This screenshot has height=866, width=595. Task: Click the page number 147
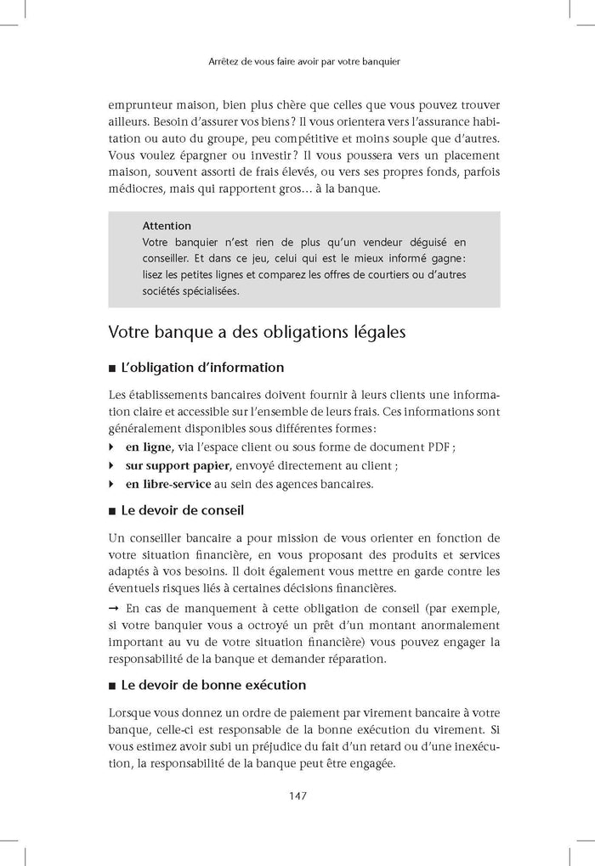click(x=297, y=796)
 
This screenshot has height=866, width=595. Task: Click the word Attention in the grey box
click(x=167, y=226)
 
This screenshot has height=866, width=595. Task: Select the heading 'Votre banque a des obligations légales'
click(x=257, y=332)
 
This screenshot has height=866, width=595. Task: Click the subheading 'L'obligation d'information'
click(x=202, y=368)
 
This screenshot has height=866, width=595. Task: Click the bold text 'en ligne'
click(x=149, y=447)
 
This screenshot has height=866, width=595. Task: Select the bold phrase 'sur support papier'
click(x=177, y=465)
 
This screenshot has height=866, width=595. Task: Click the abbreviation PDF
click(x=435, y=447)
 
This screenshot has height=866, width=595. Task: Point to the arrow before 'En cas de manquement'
click(x=114, y=608)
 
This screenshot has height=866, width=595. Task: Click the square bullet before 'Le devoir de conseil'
click(x=113, y=512)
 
